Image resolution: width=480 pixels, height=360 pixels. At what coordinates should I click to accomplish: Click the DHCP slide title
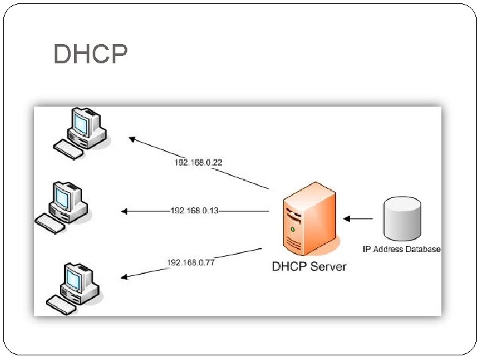90,54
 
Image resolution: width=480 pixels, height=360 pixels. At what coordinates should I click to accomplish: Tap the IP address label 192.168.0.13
195,211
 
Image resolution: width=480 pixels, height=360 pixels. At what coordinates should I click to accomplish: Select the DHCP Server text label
309,267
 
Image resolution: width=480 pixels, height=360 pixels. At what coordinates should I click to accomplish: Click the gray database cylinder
402,218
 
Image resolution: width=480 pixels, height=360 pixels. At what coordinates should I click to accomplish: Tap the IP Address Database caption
401,249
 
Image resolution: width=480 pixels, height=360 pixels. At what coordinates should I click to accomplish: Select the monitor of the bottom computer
75,277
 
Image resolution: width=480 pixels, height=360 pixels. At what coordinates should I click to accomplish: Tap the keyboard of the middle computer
51,224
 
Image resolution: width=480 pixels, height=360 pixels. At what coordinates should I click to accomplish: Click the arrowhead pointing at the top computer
133,139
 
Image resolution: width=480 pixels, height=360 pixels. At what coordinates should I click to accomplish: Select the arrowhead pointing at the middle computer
125,211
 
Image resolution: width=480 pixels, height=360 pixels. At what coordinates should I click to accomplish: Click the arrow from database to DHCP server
359,218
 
